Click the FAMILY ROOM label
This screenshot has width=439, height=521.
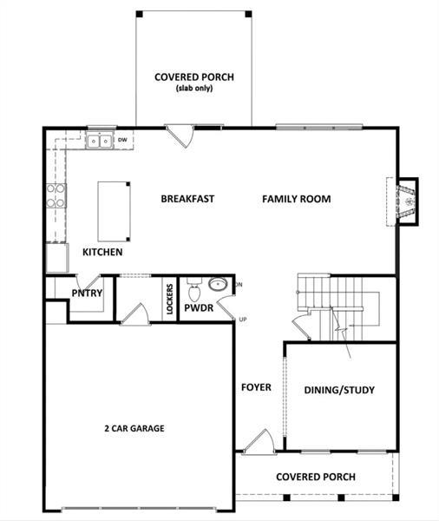pyautogui.click(x=297, y=199)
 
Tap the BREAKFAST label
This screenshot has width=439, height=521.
pyautogui.click(x=187, y=199)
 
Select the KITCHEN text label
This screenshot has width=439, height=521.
pyautogui.click(x=102, y=252)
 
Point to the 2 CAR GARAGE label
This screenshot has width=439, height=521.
pyautogui.click(x=134, y=428)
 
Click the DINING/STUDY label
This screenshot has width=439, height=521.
pyautogui.click(x=340, y=390)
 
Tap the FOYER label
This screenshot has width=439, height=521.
pyautogui.click(x=257, y=387)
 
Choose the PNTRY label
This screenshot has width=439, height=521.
pyautogui.click(x=88, y=293)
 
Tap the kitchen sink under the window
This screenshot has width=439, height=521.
pyautogui.click(x=101, y=140)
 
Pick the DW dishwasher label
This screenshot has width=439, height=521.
pyautogui.click(x=123, y=139)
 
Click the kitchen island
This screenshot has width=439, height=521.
pyautogui.click(x=115, y=210)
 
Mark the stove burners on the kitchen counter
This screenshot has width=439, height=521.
pyautogui.click(x=56, y=195)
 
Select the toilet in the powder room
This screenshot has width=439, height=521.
pyautogui.click(x=193, y=286)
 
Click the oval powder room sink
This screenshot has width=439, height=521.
pyautogui.click(x=217, y=284)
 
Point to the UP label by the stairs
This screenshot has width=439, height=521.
pyautogui.click(x=243, y=320)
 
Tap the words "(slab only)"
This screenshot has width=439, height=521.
pyautogui.click(x=193, y=89)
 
